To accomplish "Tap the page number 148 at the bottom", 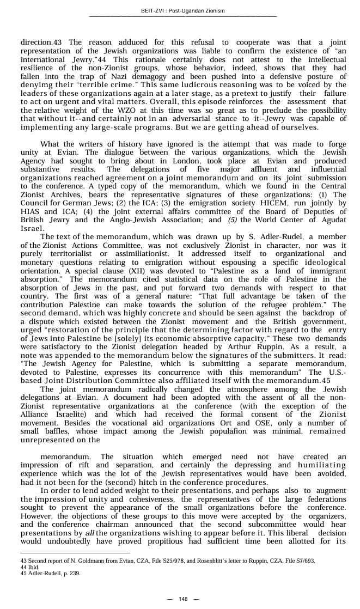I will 183,599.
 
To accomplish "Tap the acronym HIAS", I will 30,226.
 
